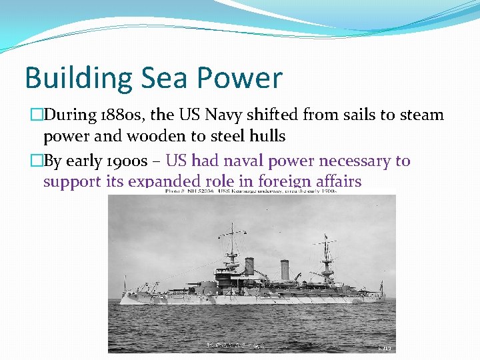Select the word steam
(422, 115)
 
